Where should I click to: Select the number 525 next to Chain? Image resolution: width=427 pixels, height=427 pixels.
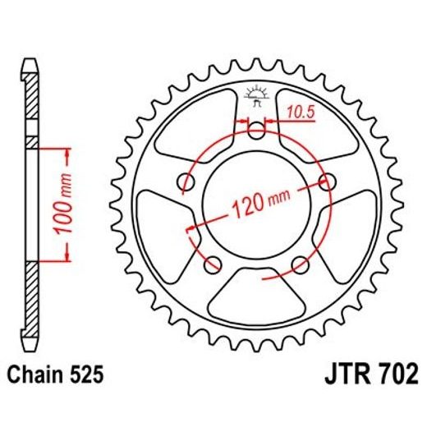coord(87,376)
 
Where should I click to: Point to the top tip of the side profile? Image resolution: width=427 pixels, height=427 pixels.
coord(31,60)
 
